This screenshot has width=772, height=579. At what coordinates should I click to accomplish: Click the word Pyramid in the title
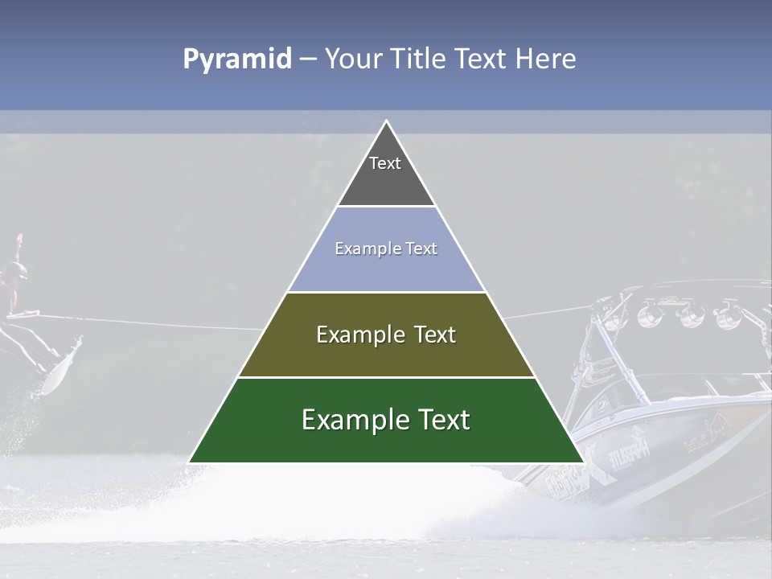236,60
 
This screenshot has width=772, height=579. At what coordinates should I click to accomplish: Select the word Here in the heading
545,59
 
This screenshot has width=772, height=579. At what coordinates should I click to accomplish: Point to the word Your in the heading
351,59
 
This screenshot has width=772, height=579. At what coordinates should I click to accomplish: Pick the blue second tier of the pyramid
386,269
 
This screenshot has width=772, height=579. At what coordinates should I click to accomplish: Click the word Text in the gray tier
385,163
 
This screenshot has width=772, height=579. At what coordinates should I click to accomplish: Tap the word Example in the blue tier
360,249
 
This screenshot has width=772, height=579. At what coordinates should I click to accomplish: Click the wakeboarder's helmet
14,273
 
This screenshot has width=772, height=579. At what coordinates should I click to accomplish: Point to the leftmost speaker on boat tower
615,313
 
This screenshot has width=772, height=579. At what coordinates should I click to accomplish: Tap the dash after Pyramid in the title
308,60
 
